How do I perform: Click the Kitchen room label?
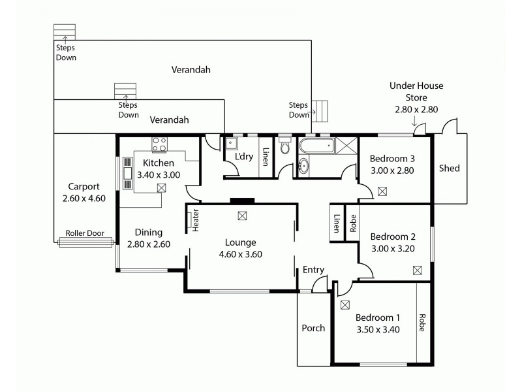[x=159, y=163]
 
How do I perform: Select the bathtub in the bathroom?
[x=316, y=146]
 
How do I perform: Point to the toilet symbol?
[x=283, y=148]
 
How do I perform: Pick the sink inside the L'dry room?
[x=231, y=145]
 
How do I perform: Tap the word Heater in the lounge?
[x=195, y=220]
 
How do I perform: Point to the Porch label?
[x=313, y=328]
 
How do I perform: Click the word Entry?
[x=313, y=270]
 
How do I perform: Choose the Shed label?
[x=449, y=169]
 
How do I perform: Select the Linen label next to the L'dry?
[x=266, y=158]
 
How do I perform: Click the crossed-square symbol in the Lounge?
[x=242, y=215]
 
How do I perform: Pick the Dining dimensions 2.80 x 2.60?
[x=149, y=244]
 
